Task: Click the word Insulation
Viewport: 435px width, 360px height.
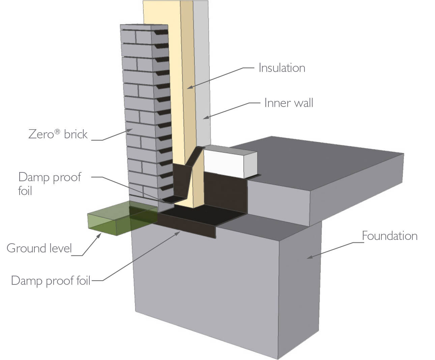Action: coord(282,68)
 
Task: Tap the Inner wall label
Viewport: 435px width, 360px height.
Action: coord(289,103)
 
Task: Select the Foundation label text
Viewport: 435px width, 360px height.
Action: coord(389,236)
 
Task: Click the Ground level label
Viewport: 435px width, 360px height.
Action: coord(39,248)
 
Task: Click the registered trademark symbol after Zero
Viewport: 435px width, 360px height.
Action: coord(58,132)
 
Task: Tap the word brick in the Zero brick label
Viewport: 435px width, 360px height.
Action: coord(76,134)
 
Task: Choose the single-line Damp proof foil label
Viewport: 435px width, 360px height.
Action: coord(51,281)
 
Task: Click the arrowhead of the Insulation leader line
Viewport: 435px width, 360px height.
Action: coord(189,88)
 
